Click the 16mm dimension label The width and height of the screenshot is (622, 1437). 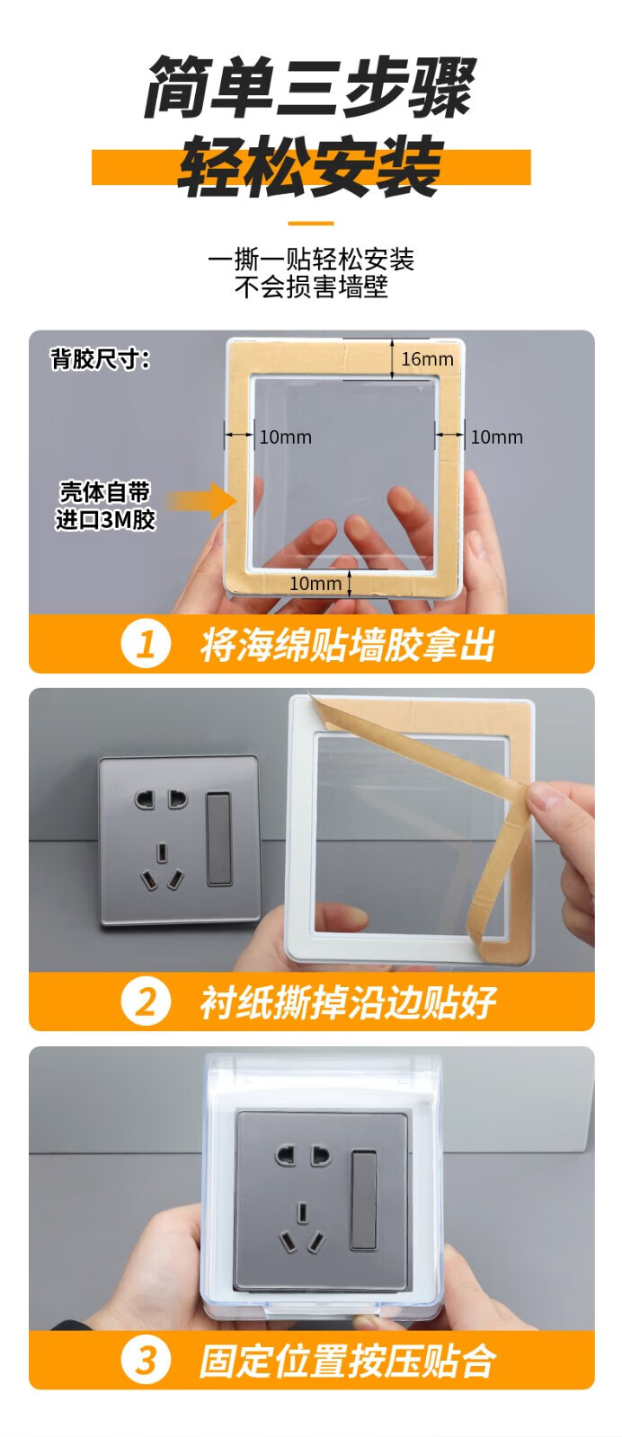[427, 359]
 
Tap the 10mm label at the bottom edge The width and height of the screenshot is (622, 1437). [315, 583]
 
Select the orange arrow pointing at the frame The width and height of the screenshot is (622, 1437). [202, 499]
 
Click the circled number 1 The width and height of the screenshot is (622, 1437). [146, 644]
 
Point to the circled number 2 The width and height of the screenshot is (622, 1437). [146, 1001]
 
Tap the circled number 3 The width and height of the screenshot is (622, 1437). [146, 1360]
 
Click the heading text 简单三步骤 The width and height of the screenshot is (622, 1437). [310, 88]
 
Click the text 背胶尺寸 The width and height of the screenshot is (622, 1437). [101, 359]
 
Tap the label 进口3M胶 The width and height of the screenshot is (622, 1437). [105, 519]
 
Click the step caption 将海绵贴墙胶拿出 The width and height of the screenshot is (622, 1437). [347, 645]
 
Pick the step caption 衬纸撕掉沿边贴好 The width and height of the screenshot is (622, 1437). [347, 1002]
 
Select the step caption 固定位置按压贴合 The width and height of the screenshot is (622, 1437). [347, 1361]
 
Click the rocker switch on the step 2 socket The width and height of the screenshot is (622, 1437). [219, 839]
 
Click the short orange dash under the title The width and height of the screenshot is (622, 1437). [311, 224]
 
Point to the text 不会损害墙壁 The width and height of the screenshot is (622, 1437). [311, 287]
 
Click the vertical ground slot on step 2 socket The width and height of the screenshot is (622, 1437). [163, 852]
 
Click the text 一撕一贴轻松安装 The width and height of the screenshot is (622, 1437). [311, 260]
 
